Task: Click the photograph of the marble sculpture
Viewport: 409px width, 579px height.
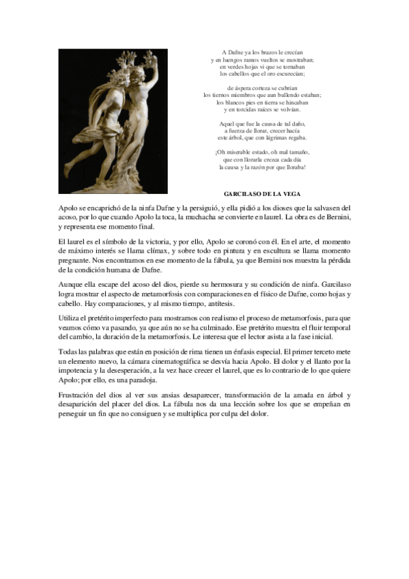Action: (x=113, y=121)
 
